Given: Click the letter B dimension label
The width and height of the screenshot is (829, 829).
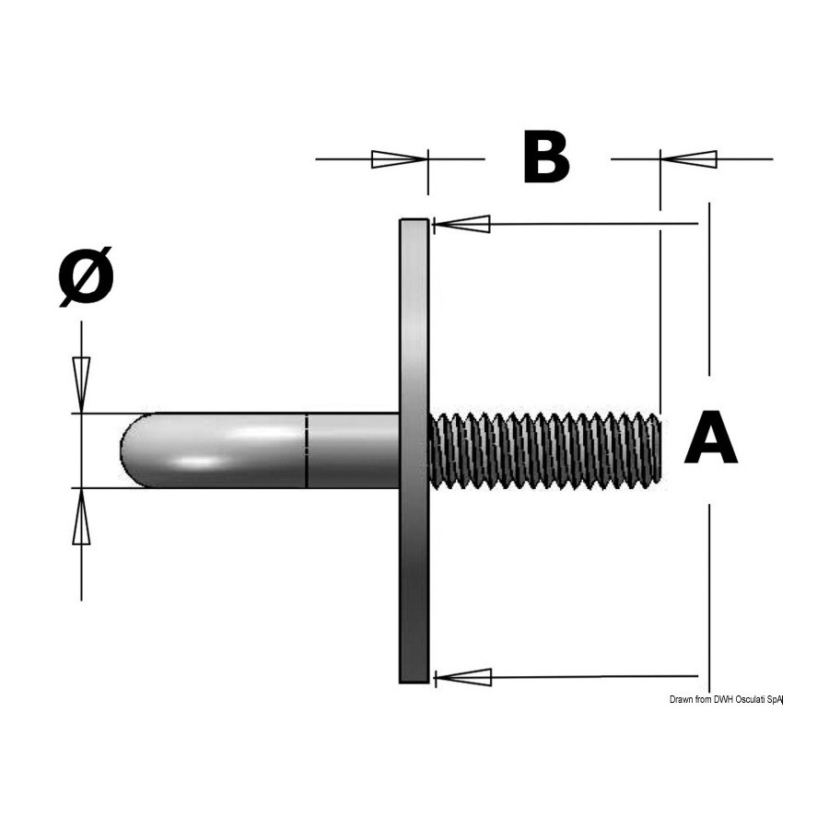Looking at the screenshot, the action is [x=546, y=158].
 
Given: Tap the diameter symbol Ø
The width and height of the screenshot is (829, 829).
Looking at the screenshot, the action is [x=87, y=276].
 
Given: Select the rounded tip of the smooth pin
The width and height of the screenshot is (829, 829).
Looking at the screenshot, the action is [x=132, y=450].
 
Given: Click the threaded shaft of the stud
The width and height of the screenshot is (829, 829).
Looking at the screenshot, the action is [x=545, y=450].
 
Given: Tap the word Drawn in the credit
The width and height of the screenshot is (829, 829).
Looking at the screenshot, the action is [x=680, y=699].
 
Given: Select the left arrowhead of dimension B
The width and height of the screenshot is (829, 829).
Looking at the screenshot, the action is [x=399, y=158].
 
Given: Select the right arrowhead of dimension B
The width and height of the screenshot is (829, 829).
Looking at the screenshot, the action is [x=688, y=158].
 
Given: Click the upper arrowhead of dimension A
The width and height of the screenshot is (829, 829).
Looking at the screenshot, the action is [x=461, y=224].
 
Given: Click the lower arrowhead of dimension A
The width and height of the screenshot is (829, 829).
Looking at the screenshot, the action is [x=462, y=677].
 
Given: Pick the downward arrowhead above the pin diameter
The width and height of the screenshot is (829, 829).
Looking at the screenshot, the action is [x=81, y=384].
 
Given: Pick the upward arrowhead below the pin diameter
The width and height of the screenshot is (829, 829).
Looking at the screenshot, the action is [x=81, y=516].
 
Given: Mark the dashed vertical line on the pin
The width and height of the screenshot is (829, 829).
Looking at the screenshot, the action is [x=307, y=450].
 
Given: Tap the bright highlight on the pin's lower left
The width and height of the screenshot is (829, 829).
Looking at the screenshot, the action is [x=198, y=462].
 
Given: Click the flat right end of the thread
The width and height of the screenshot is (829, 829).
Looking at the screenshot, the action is [x=660, y=450].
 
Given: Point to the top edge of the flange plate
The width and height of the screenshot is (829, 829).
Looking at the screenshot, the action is [x=414, y=219].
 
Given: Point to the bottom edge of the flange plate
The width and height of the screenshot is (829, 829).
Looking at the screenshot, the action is [x=414, y=682].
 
